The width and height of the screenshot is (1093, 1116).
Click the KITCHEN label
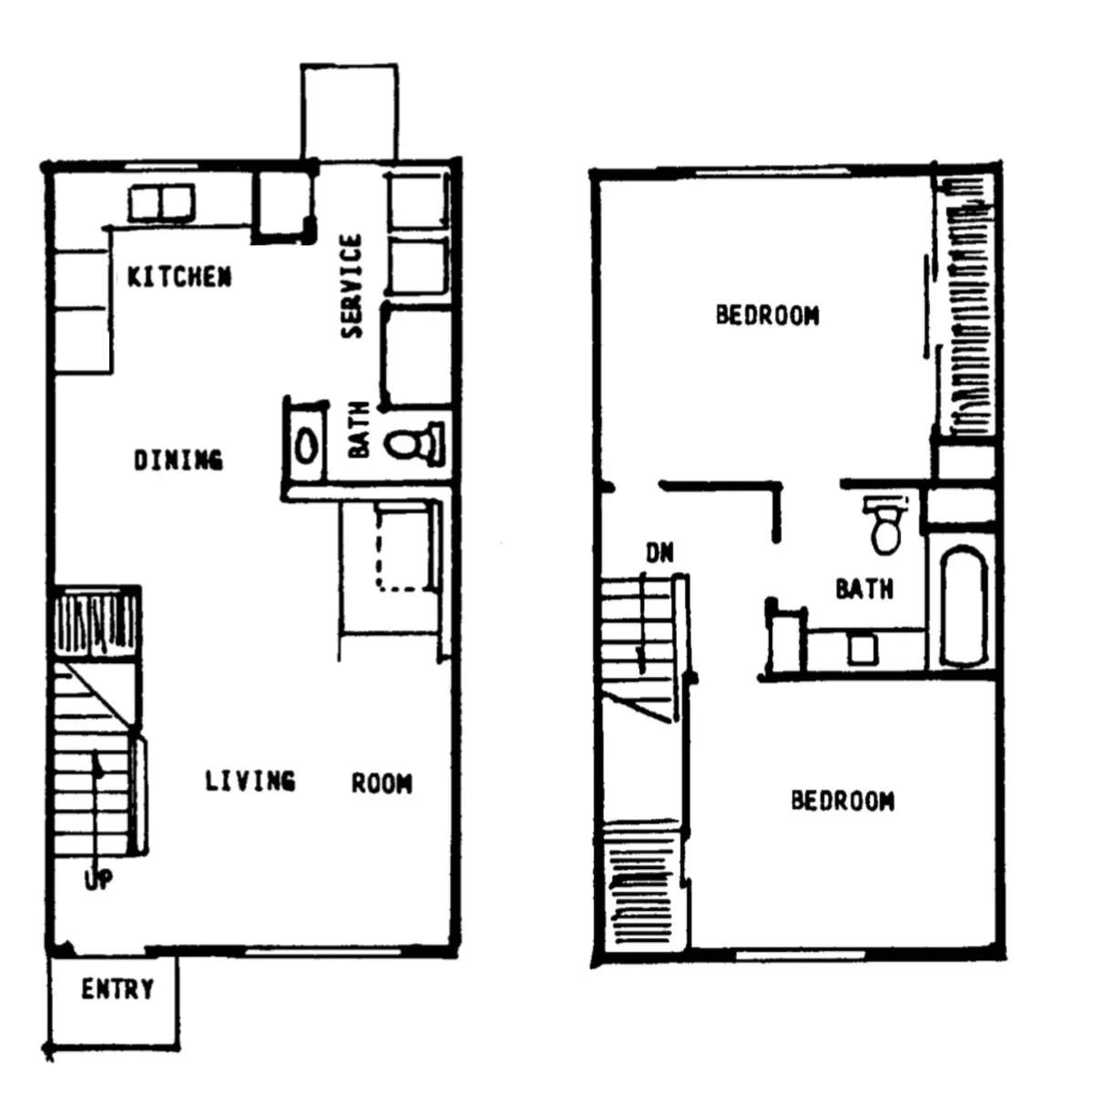point(179,277)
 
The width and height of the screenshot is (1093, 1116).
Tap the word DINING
point(179,460)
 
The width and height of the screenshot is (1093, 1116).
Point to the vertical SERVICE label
point(352,286)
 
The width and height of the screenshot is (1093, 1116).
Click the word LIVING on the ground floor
point(250,781)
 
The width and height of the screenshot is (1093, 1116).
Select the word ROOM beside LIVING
point(382,783)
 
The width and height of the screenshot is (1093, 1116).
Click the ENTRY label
point(117,989)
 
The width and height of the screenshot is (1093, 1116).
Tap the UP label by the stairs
point(98,880)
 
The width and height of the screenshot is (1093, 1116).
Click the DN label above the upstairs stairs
point(659,553)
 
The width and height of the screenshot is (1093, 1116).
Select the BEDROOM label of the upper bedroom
point(768,315)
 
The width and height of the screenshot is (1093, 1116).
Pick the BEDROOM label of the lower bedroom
point(843,801)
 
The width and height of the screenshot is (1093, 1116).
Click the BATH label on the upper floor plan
point(864,589)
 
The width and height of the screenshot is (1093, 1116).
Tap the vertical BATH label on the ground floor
point(359,430)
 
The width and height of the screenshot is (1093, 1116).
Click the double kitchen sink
point(161,202)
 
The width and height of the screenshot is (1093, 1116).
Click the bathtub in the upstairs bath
point(964,607)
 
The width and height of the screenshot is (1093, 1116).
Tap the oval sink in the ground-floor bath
point(307,445)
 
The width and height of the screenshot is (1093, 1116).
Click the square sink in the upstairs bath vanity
point(863,650)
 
